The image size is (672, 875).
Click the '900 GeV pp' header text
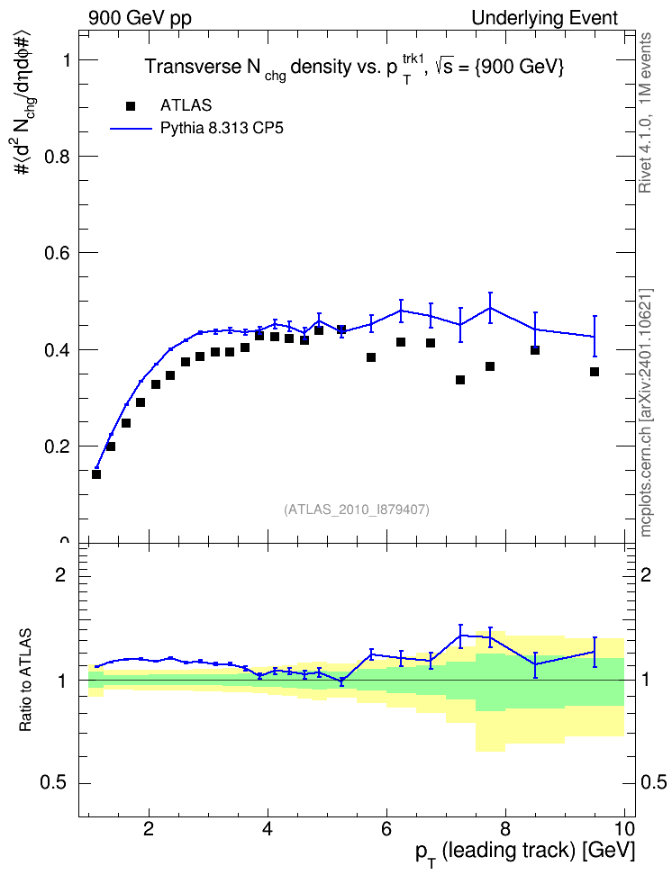coord(140,18)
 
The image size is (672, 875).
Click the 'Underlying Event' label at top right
coord(545,18)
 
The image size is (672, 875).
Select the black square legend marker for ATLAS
coord(131,106)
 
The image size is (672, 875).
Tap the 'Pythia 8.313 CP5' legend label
coord(222,129)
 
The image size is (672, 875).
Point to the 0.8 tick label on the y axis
coord(58,157)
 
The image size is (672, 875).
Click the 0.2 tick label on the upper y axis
coord(58,447)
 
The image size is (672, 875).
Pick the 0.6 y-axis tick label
coord(58,253)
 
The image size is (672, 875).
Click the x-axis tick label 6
coord(386,828)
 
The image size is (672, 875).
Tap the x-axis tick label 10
coord(624,828)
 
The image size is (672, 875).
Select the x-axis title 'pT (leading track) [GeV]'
coord(525,852)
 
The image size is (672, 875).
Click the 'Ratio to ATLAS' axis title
coord(25,680)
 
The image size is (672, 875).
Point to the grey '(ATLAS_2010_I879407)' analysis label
coord(357,510)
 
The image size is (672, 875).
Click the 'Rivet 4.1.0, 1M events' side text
coord(645,113)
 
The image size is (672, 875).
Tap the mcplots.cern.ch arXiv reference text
coord(646,412)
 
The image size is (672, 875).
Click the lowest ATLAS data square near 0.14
coord(96,474)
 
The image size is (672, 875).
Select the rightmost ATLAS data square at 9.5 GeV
coord(595,372)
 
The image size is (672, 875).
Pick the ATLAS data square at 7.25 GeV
coord(460,380)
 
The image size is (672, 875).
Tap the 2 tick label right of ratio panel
coord(646,574)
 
